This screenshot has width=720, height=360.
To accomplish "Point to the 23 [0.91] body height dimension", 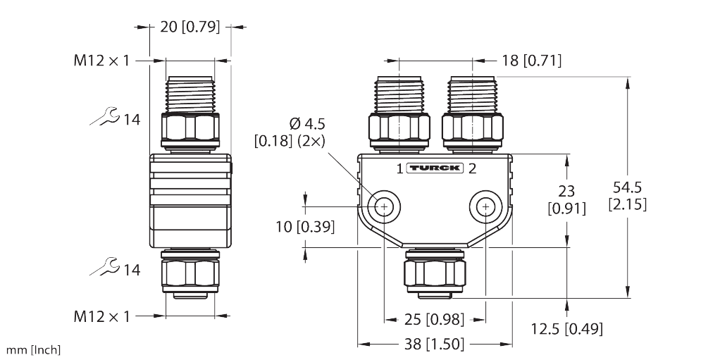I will coord(566,199).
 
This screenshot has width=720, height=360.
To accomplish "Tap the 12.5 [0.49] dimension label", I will coord(566,329).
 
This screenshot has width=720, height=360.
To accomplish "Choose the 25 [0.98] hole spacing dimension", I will coord(435,319).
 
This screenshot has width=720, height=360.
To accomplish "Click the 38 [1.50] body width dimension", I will coord(435,345).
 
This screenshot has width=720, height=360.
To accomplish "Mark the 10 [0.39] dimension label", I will coord(305,227).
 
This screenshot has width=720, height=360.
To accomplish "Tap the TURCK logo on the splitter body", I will coord(435,168).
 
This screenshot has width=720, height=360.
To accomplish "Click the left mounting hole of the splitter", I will coord(384,206).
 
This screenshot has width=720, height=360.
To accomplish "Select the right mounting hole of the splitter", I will coord(485,206).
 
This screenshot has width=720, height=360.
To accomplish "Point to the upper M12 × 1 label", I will coord(102,61).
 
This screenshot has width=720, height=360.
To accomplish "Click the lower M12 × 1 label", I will coord(102,316).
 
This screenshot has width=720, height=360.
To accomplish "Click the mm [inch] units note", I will coord(33,350).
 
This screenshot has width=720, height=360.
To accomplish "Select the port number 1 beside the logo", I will coord(399,168).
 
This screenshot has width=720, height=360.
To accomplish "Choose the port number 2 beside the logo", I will coord(472,168).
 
